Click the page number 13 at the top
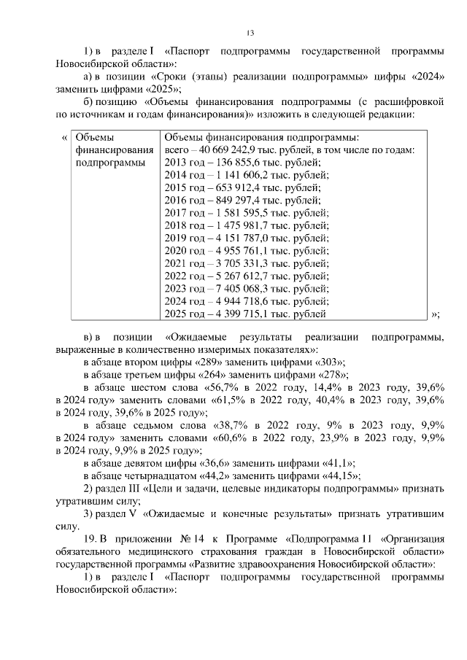[250, 32]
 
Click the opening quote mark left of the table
[64, 136]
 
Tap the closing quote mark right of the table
[436, 314]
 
